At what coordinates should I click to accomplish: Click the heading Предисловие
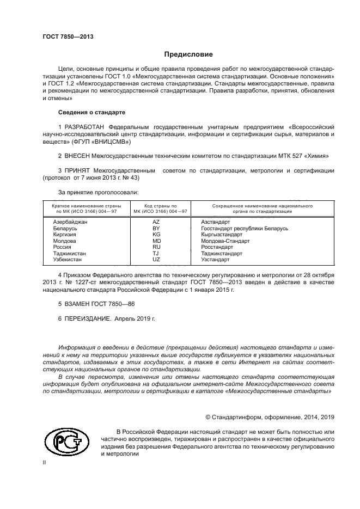188,54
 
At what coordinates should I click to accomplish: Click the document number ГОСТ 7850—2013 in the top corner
68,36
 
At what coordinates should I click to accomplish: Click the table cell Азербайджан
70,222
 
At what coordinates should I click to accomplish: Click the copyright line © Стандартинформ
270,417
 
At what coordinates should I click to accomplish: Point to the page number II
45,463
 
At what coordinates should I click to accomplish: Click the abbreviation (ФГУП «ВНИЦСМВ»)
100,142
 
